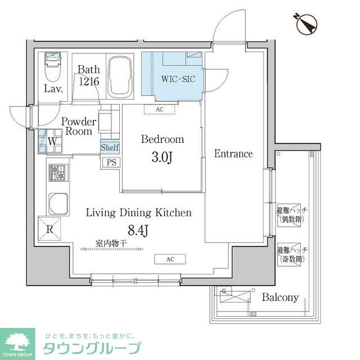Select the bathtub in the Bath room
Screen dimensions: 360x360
pyautogui.click(x=119, y=76)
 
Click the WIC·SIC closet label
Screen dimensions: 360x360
pyautogui.click(x=178, y=79)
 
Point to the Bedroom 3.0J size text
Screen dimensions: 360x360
pyautogui.click(x=162, y=157)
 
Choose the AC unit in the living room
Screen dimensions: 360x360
pyautogui.click(x=170, y=259)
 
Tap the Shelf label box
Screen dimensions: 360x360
pyautogui.click(x=110, y=147)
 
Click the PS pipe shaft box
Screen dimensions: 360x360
pyautogui.click(x=110, y=162)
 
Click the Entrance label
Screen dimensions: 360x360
pyautogui.click(x=233, y=154)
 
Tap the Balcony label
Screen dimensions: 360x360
pyautogui.click(x=280, y=298)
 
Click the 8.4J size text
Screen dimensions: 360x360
pyautogui.click(x=139, y=230)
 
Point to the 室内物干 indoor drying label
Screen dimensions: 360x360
pyautogui.click(x=111, y=244)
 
